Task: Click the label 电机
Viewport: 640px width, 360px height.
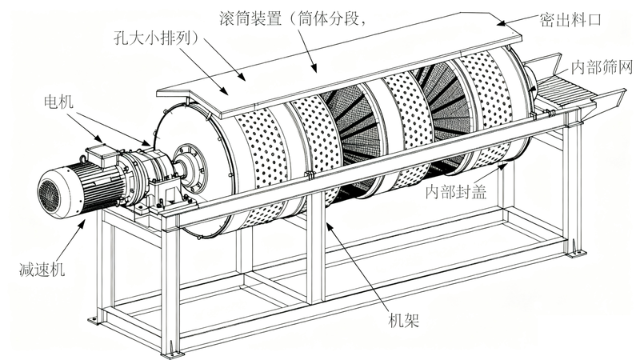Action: pos(58,101)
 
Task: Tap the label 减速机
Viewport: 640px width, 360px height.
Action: pos(42,270)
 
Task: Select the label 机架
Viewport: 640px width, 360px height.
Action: pos(403,321)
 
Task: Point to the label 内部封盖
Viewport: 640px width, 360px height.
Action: pos(456,191)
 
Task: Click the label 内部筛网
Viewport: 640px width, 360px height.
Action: pos(602,67)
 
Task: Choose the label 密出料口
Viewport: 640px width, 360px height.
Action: pos(570,19)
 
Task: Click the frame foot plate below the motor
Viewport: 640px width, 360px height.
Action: pos(94,321)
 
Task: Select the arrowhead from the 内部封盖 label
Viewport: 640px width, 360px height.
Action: pos(503,165)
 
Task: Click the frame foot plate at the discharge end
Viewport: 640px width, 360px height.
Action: pos(577,254)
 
